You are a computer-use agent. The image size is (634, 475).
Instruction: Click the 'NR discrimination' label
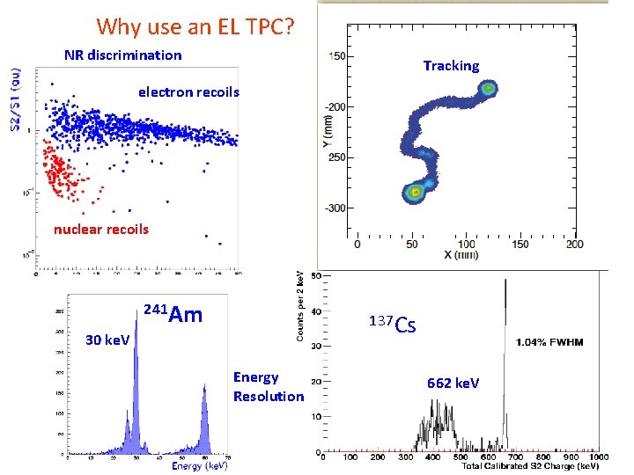[x=123, y=55]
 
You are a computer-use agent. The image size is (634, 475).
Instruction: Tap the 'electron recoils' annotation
[x=188, y=91]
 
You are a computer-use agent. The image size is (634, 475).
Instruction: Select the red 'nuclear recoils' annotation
[x=101, y=230]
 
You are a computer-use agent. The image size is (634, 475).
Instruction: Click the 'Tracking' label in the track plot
[x=451, y=66]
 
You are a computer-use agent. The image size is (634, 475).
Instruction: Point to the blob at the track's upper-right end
[x=487, y=88]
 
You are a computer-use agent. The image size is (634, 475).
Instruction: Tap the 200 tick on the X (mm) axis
[x=574, y=245]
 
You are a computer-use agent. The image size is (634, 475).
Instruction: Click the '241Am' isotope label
[x=173, y=314]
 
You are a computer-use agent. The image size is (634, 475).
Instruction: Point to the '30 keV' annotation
[x=107, y=340]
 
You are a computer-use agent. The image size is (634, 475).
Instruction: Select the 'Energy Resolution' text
[x=268, y=387]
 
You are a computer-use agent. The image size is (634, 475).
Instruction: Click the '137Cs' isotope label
[x=392, y=324]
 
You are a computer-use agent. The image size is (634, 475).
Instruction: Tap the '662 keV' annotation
[x=453, y=383]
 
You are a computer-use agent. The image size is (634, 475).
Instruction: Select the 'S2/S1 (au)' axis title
[x=16, y=101]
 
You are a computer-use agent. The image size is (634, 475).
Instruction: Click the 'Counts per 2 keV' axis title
[x=300, y=305]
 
